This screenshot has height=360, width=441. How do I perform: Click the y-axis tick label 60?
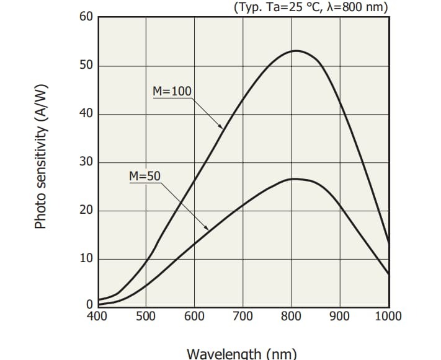pos(86,17)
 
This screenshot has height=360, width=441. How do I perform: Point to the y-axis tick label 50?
pos(86,66)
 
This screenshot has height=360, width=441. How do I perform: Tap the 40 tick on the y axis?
pos(86,114)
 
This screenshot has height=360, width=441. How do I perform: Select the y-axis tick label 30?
pos(86,162)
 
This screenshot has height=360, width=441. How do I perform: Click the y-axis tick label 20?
pos(86,211)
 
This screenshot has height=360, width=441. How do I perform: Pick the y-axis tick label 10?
pos(86,258)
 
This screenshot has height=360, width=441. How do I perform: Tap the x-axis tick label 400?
pos(97,316)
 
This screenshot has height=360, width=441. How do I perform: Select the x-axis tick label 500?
pos(146,316)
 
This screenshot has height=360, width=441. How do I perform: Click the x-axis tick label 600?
pos(194,316)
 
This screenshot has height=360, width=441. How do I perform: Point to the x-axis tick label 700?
pos(243,316)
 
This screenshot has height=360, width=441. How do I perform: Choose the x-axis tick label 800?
pos(291,316)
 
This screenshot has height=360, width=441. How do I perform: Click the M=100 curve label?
pos(172,92)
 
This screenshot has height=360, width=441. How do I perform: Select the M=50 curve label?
pos(145,176)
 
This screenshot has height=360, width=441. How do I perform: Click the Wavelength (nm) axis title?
pos(242,353)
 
